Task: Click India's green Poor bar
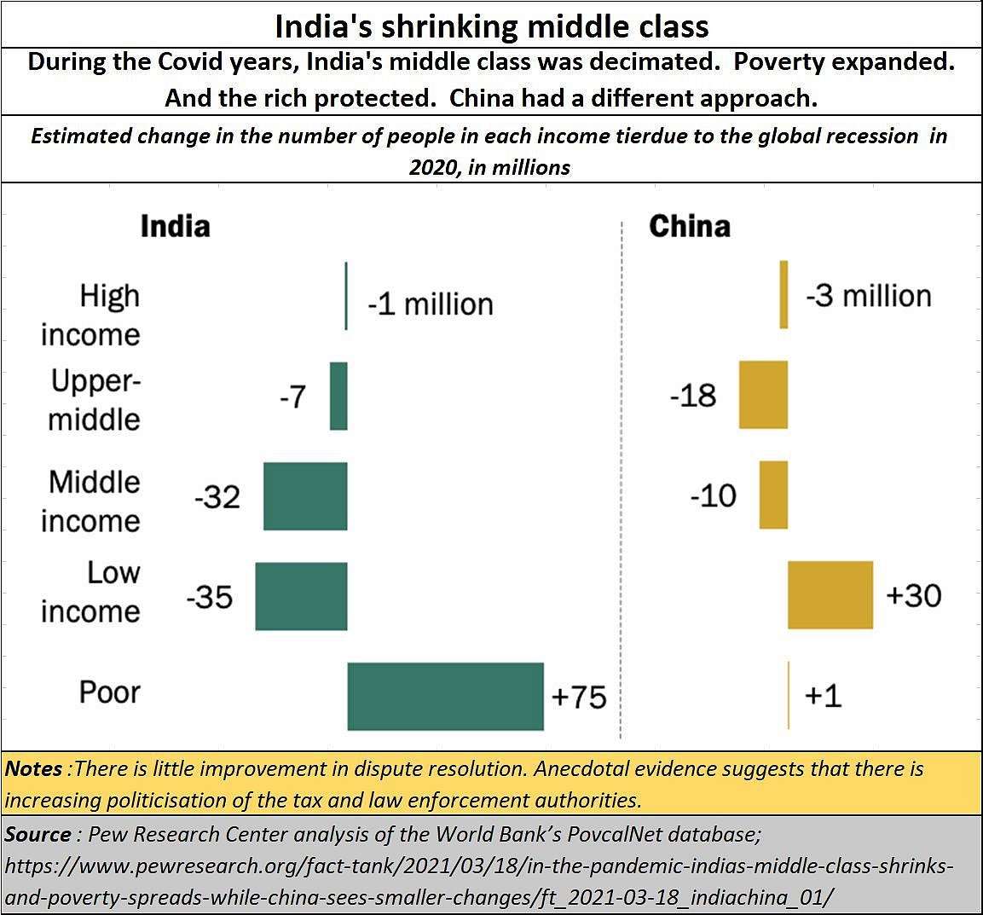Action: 445,696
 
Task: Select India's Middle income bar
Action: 305,496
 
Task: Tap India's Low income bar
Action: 301,596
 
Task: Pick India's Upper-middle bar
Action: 338,396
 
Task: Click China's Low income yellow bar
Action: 830,595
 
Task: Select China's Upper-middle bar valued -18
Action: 763,395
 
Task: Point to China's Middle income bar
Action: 773,495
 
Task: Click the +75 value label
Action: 579,697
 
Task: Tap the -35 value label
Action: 210,596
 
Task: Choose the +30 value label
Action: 913,594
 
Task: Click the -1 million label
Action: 431,304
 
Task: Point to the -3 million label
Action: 869,296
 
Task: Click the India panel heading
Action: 175,226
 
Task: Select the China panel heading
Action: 690,226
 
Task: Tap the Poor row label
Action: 109,692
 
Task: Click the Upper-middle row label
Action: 95,399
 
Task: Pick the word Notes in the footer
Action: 33,768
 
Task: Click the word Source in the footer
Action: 38,834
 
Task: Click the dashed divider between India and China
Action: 622,478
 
